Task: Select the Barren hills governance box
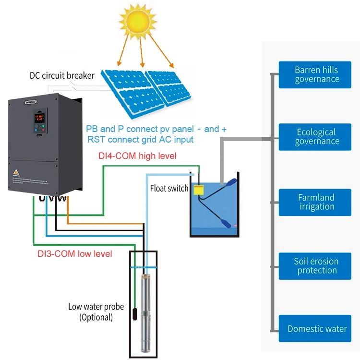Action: [317, 74]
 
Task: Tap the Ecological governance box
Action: [317, 137]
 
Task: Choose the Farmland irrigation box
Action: [317, 202]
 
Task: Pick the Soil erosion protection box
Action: [317, 266]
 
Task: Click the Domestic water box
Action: [317, 329]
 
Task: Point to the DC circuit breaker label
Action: [62, 75]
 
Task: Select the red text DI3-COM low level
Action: [74, 253]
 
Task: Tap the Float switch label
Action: [169, 188]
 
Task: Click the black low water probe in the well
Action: [135, 315]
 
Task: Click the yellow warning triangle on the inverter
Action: [15, 171]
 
